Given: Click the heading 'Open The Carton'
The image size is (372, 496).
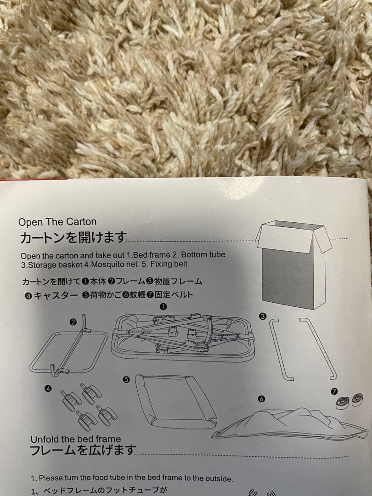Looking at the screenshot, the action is (57, 222).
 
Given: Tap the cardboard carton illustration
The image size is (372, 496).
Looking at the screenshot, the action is (293, 265).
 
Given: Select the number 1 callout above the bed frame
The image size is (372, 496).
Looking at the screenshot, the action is (163, 306).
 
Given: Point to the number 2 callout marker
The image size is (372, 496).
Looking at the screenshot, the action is (73, 322).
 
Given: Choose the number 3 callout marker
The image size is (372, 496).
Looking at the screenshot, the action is (263, 316).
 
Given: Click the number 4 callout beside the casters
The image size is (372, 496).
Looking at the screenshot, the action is (48, 389).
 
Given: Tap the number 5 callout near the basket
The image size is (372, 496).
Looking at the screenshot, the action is (127, 379).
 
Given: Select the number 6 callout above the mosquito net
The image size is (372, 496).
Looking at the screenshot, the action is (261, 399).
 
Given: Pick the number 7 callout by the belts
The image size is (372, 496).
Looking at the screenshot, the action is (334, 392).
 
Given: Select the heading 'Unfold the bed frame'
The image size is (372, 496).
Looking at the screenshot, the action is (76, 439).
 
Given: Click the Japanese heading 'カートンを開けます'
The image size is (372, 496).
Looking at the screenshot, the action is (73, 238).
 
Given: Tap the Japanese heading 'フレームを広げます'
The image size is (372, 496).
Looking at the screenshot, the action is (83, 450).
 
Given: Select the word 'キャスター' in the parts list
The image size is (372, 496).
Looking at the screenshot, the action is (56, 296).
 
